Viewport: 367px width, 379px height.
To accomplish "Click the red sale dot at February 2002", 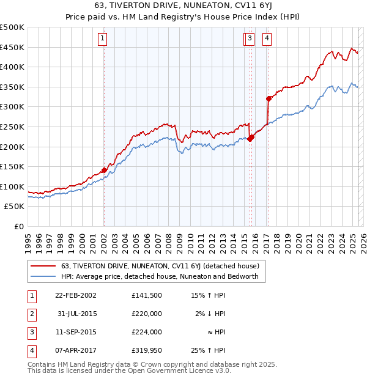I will [x=104, y=170].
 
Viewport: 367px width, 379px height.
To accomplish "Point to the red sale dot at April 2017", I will [x=268, y=98].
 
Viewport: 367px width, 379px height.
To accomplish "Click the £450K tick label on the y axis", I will [x=12, y=47].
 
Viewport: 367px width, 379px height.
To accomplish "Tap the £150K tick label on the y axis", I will [x=12, y=166].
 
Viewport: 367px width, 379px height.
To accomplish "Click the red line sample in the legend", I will [x=42, y=266].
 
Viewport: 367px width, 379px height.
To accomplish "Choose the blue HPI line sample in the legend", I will [x=42, y=276].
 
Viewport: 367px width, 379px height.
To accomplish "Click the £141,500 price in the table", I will [x=146, y=295].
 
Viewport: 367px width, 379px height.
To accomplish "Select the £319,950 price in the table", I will [x=146, y=350].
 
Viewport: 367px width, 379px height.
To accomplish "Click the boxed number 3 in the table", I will [x=30, y=332].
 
